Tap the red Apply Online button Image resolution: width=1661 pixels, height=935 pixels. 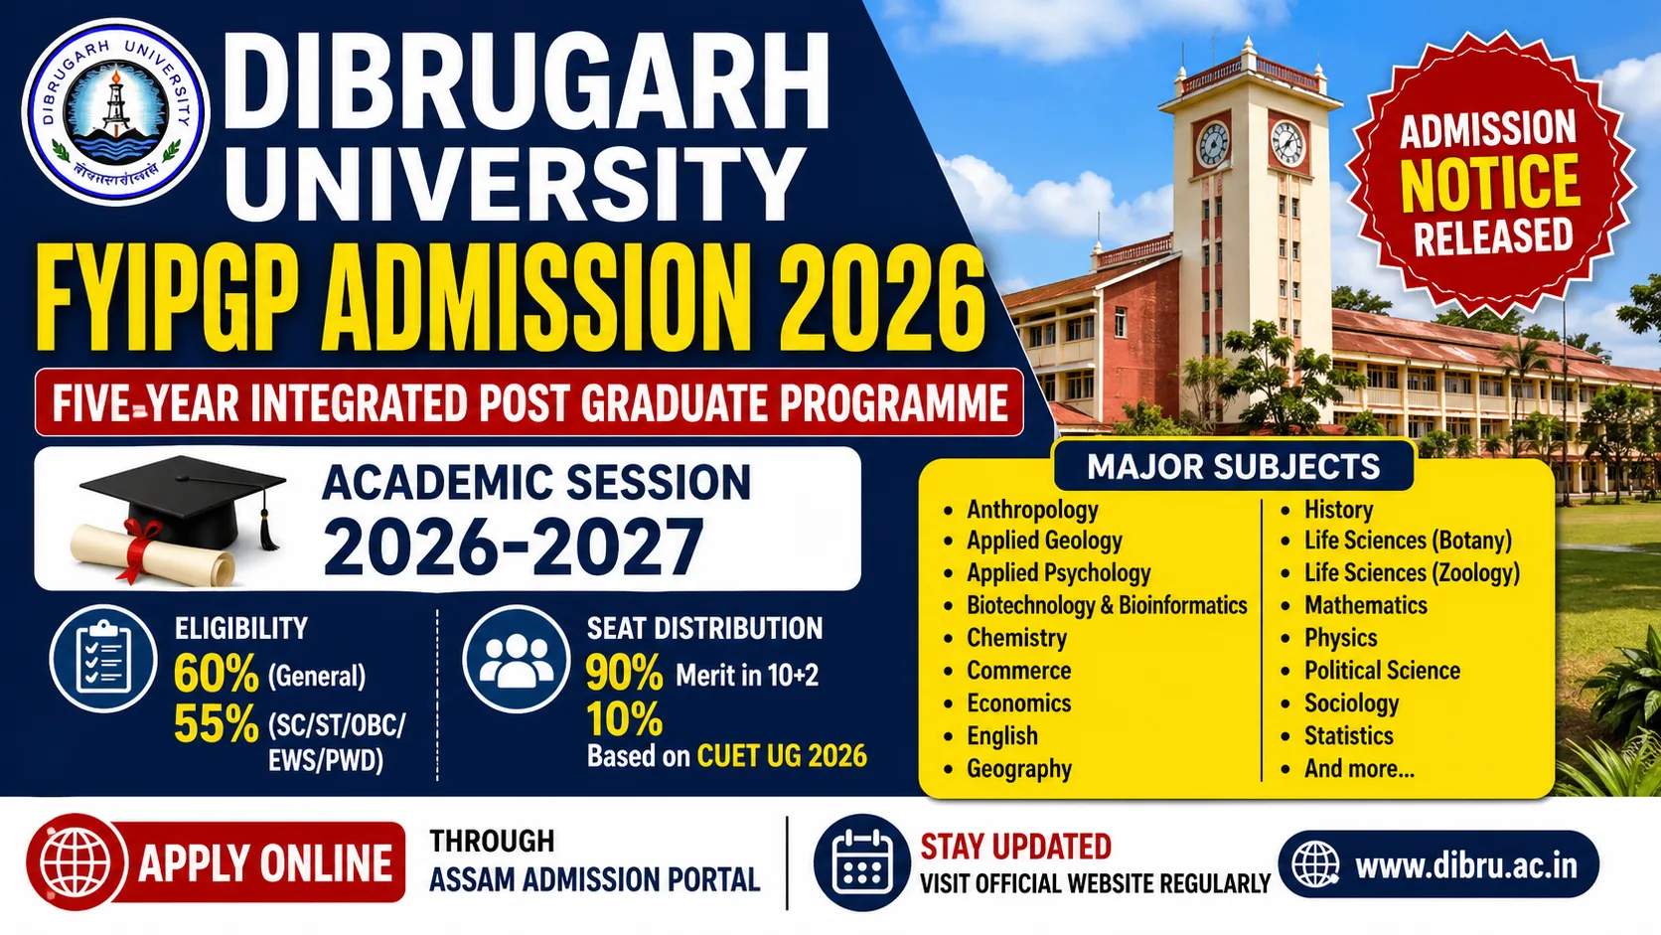pos(217,862)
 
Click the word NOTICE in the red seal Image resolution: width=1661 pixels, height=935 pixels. pos(1489,184)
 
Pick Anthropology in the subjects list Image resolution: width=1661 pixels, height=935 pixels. pos(1032,510)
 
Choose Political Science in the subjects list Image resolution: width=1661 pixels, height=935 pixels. pos(1382,671)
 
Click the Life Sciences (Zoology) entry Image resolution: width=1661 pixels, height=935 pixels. pos(1412,573)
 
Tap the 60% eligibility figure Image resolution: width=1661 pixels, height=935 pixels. pos(216,675)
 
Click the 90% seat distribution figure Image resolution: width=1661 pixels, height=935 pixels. pos(624,674)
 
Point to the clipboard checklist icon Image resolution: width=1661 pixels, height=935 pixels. pos(103,658)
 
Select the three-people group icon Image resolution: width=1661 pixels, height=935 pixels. pos(516,658)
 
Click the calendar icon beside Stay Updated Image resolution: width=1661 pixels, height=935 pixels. pos(861,862)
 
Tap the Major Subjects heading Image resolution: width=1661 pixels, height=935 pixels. pos(1233,467)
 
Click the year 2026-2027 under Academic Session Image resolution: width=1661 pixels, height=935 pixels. pos(513,547)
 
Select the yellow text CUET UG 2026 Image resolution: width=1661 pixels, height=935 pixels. pos(782,756)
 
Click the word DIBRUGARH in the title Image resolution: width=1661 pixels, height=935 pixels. pos(528,81)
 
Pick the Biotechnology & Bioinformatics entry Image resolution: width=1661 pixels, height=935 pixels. pos(1107,605)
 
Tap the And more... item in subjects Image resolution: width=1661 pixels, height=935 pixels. pos(1359,768)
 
